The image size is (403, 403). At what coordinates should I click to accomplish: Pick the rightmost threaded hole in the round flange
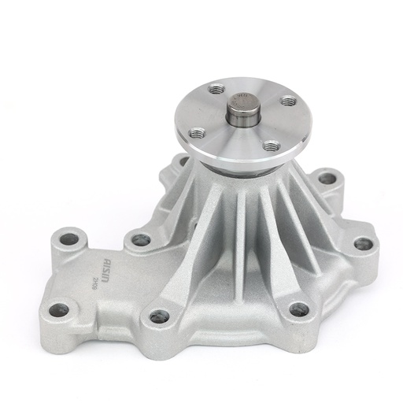pos(289,102)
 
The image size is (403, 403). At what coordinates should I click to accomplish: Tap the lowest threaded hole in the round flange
pos(272,146)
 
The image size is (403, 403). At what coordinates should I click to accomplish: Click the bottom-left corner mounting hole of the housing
pos(57,309)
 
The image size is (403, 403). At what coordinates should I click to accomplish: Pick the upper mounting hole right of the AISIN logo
pos(141,239)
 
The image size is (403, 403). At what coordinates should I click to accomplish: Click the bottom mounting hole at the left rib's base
pos(158,316)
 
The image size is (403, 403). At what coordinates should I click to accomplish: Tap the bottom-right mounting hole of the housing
pos(298,309)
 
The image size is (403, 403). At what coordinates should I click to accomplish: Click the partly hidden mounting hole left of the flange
pos(185,163)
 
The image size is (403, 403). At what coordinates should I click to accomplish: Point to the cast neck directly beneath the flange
pos(236,177)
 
